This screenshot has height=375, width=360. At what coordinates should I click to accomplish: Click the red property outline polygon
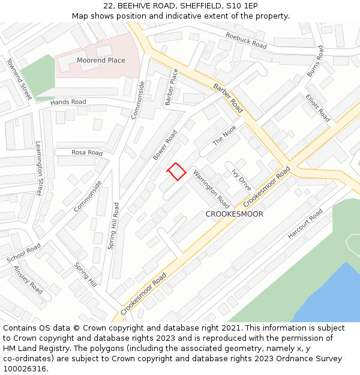(176, 172)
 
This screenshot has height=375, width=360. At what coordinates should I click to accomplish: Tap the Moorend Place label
(101, 61)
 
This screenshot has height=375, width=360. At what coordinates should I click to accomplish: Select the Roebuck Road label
(245, 40)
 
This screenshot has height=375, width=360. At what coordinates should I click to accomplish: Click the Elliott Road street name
(317, 107)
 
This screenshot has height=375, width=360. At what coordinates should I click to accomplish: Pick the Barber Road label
(228, 98)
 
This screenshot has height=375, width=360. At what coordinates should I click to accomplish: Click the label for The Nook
(224, 135)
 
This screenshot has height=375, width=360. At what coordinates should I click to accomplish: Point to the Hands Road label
(68, 103)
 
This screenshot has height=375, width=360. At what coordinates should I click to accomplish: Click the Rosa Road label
(87, 153)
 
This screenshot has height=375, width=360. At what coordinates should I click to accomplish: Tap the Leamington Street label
(39, 169)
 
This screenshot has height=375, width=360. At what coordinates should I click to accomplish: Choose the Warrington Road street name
(211, 189)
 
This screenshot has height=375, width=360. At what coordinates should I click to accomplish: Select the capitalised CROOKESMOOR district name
(234, 214)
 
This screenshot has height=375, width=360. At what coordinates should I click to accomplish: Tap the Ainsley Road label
(28, 280)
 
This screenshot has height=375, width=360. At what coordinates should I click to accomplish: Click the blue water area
(330, 297)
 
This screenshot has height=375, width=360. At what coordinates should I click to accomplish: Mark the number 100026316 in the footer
(25, 369)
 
